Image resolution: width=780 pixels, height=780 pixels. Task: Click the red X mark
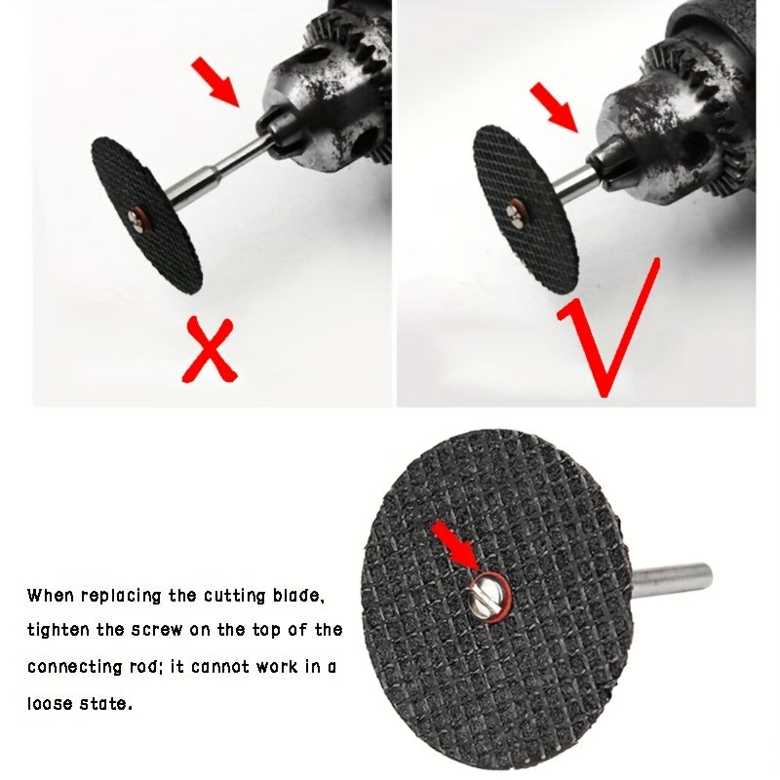click(211, 350)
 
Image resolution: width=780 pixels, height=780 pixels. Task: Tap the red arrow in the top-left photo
click(216, 81)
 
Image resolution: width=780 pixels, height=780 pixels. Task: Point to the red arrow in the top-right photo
click(555, 108)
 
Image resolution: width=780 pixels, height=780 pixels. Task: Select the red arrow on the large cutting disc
click(455, 546)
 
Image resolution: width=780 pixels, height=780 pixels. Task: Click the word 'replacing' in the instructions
click(121, 596)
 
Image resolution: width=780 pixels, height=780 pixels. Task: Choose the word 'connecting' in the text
click(74, 667)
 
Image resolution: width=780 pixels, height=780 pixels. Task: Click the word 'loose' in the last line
click(50, 703)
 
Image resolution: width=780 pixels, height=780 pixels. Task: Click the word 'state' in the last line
click(107, 704)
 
